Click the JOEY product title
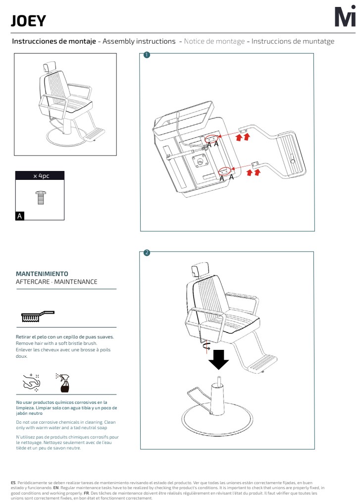tap(28, 21)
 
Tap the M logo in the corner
tap(345, 18)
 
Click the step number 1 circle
tap(147, 55)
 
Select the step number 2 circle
tap(147, 253)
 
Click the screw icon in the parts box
tap(41, 198)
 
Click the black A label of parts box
tap(20, 216)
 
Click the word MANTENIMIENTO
tap(42, 274)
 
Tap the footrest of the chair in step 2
tap(262, 364)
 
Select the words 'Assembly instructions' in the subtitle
tap(139, 41)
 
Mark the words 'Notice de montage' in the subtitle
tap(214, 41)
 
